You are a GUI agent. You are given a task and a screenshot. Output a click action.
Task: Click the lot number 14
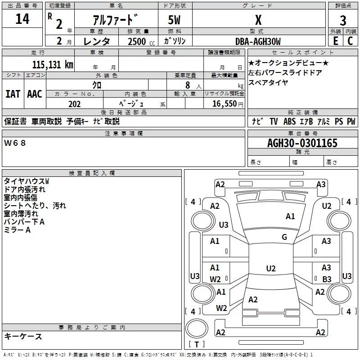[22, 19]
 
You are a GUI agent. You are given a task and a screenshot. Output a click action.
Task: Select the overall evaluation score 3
[343, 21]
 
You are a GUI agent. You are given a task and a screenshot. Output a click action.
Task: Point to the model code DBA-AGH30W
[258, 41]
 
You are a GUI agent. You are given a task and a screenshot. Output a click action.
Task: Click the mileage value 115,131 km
[53, 64]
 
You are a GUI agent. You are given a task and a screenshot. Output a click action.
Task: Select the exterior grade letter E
[335, 41]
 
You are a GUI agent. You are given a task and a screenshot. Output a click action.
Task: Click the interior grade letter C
[350, 41]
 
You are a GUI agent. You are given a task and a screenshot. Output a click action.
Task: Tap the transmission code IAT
[13, 94]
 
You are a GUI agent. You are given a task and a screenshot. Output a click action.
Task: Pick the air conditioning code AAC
[34, 94]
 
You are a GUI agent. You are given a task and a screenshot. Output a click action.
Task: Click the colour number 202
[74, 104]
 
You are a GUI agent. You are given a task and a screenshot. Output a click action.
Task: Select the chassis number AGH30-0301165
[302, 143]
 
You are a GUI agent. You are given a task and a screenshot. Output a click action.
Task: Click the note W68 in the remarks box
[15, 143]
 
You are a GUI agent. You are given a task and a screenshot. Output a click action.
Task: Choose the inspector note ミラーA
[17, 230]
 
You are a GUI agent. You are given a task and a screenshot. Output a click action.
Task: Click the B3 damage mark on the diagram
[327, 279]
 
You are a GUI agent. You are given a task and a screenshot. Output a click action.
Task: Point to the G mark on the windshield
[284, 237]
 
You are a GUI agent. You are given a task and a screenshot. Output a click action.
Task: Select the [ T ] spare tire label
[197, 345]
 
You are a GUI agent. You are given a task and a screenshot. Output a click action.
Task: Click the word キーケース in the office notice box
[23, 337]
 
